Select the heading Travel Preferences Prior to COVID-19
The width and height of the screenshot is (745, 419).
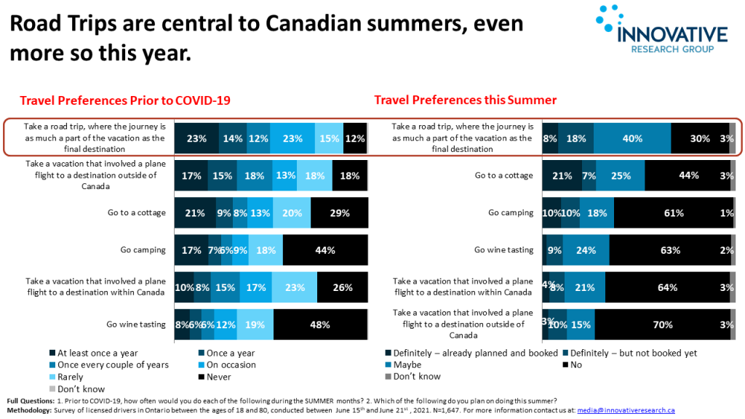click(x=130, y=100)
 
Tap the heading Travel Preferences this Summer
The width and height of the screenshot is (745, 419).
click(x=466, y=100)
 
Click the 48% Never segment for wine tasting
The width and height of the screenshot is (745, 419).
click(x=320, y=324)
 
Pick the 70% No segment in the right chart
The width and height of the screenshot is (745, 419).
click(x=662, y=325)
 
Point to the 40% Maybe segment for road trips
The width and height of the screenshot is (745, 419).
click(x=632, y=137)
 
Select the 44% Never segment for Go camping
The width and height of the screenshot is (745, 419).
click(x=324, y=250)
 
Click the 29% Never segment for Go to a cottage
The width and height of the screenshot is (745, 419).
click(x=339, y=213)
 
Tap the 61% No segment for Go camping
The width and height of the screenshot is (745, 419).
click(x=673, y=213)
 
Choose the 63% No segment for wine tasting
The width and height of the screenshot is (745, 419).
click(x=669, y=250)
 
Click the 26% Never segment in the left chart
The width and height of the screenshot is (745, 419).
click(x=342, y=287)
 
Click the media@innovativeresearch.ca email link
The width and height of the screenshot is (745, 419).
click(x=626, y=410)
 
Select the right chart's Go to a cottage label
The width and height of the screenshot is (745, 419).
click(x=503, y=175)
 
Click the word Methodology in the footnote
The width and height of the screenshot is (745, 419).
click(x=28, y=410)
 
